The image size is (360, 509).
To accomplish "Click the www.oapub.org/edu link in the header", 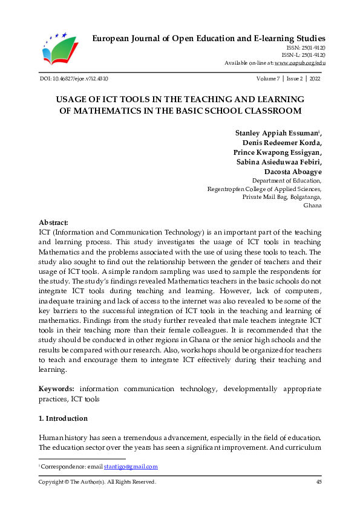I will point(300,62).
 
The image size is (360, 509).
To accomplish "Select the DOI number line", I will point(73,79).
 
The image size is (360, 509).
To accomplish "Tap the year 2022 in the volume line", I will point(315,79).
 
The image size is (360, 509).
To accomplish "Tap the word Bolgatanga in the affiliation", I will point(305,197).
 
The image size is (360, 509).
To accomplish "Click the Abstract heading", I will point(53,222).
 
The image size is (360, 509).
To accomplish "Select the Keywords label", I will point(57,389).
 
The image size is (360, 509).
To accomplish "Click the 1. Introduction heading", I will point(63,418).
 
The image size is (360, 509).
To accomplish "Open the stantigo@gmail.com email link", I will point(131,467).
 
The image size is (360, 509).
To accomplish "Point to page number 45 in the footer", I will point(318,482).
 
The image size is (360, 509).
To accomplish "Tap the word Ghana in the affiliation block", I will point(312,206).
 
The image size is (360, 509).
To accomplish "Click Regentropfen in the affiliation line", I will point(226,189).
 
